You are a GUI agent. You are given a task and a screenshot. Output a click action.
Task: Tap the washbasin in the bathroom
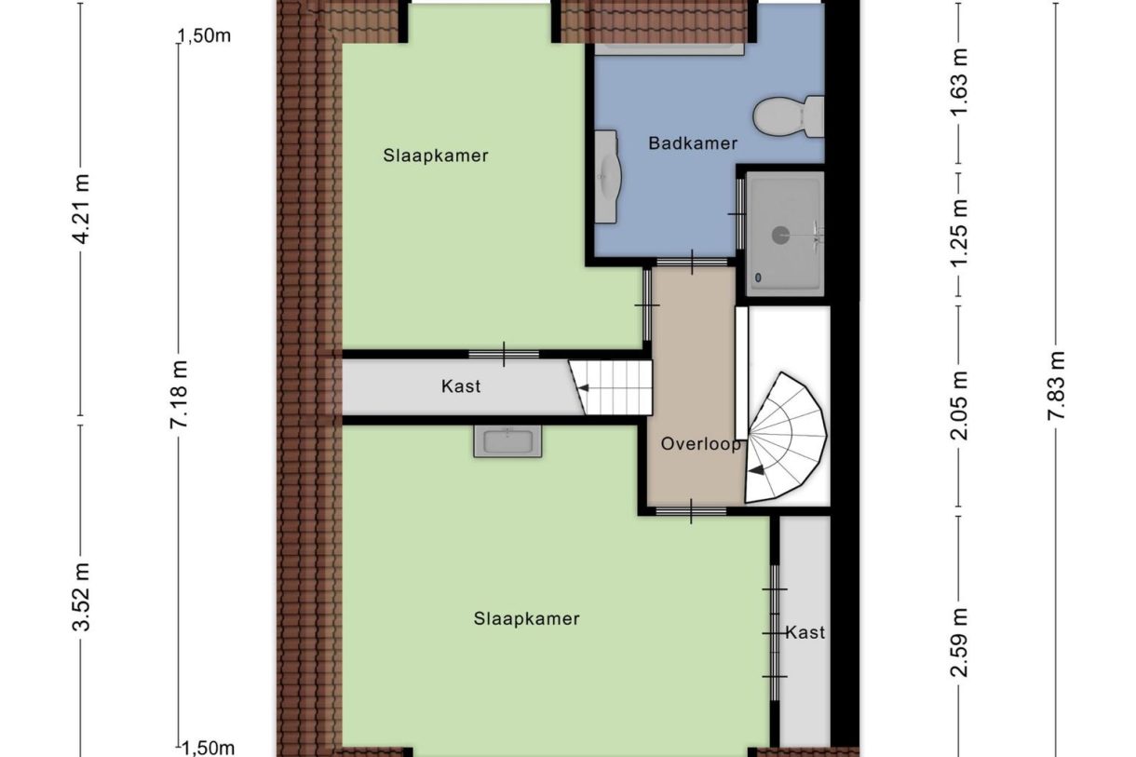click(606, 176)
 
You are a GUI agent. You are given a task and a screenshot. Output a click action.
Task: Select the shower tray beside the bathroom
click(785, 232)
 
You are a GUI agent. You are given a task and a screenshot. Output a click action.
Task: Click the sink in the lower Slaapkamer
click(507, 440)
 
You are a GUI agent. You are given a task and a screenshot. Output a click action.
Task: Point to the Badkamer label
click(693, 143)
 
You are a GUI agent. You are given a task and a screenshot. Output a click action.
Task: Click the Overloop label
click(701, 444)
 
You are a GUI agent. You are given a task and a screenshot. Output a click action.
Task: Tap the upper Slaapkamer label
click(436, 155)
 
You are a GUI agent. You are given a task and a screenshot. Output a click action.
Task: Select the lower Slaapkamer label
click(526, 618)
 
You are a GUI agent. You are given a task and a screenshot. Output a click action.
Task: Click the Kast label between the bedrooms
click(461, 385)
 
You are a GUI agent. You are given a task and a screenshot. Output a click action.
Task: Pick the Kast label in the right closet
click(805, 632)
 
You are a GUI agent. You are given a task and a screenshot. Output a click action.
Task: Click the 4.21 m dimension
click(82, 222)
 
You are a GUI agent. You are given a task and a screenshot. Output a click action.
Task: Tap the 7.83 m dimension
click(1056, 386)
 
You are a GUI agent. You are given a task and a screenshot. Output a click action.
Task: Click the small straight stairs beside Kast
click(613, 387)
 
